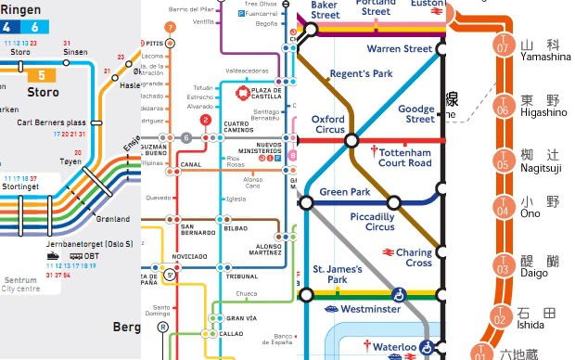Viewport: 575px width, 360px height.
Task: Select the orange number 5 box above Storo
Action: pos(40,76)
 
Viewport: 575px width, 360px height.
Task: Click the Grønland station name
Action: pos(112,220)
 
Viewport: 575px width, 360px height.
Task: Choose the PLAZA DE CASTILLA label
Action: pos(260,93)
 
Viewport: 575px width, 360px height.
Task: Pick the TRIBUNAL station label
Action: pos(243,276)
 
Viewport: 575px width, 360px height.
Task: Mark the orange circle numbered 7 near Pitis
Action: pos(169,27)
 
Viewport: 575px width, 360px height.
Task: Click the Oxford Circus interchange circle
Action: pos(351,140)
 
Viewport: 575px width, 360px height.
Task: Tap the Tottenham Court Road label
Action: pos(405,157)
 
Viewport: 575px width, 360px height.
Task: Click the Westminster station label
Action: pos(370,309)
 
